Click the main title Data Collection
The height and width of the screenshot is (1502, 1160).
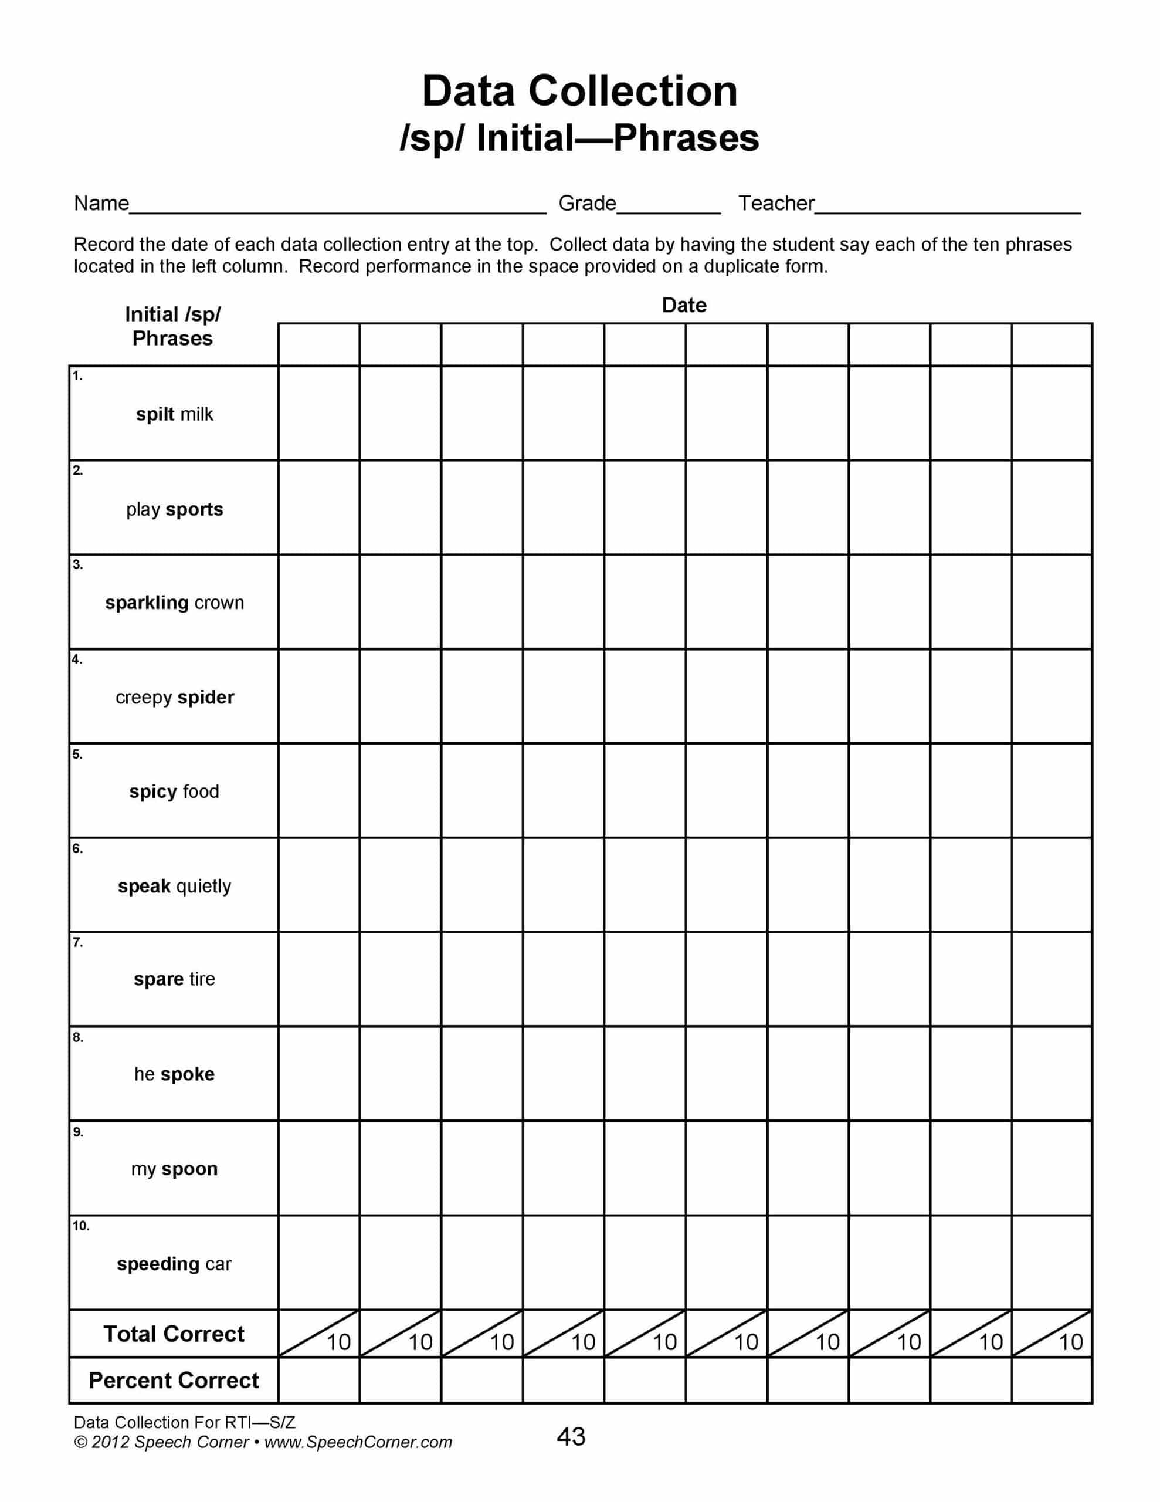click(579, 91)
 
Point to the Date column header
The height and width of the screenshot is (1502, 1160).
click(683, 305)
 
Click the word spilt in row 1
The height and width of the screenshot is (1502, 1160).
click(155, 414)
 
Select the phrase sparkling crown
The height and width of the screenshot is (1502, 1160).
click(174, 603)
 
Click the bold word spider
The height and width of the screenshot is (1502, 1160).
click(206, 698)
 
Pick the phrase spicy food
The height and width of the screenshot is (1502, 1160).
click(174, 791)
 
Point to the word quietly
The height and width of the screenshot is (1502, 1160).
click(203, 886)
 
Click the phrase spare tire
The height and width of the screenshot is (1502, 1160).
click(174, 979)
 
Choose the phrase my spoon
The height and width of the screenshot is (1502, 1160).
click(174, 1169)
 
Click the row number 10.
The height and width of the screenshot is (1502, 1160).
click(80, 1226)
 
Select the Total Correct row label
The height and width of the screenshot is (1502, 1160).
click(174, 1334)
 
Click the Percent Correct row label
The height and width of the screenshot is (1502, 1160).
click(174, 1381)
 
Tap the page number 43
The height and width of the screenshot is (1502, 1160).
click(571, 1437)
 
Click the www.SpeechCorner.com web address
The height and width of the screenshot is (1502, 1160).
click(358, 1443)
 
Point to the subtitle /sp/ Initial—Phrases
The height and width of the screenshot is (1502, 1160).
click(579, 138)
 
